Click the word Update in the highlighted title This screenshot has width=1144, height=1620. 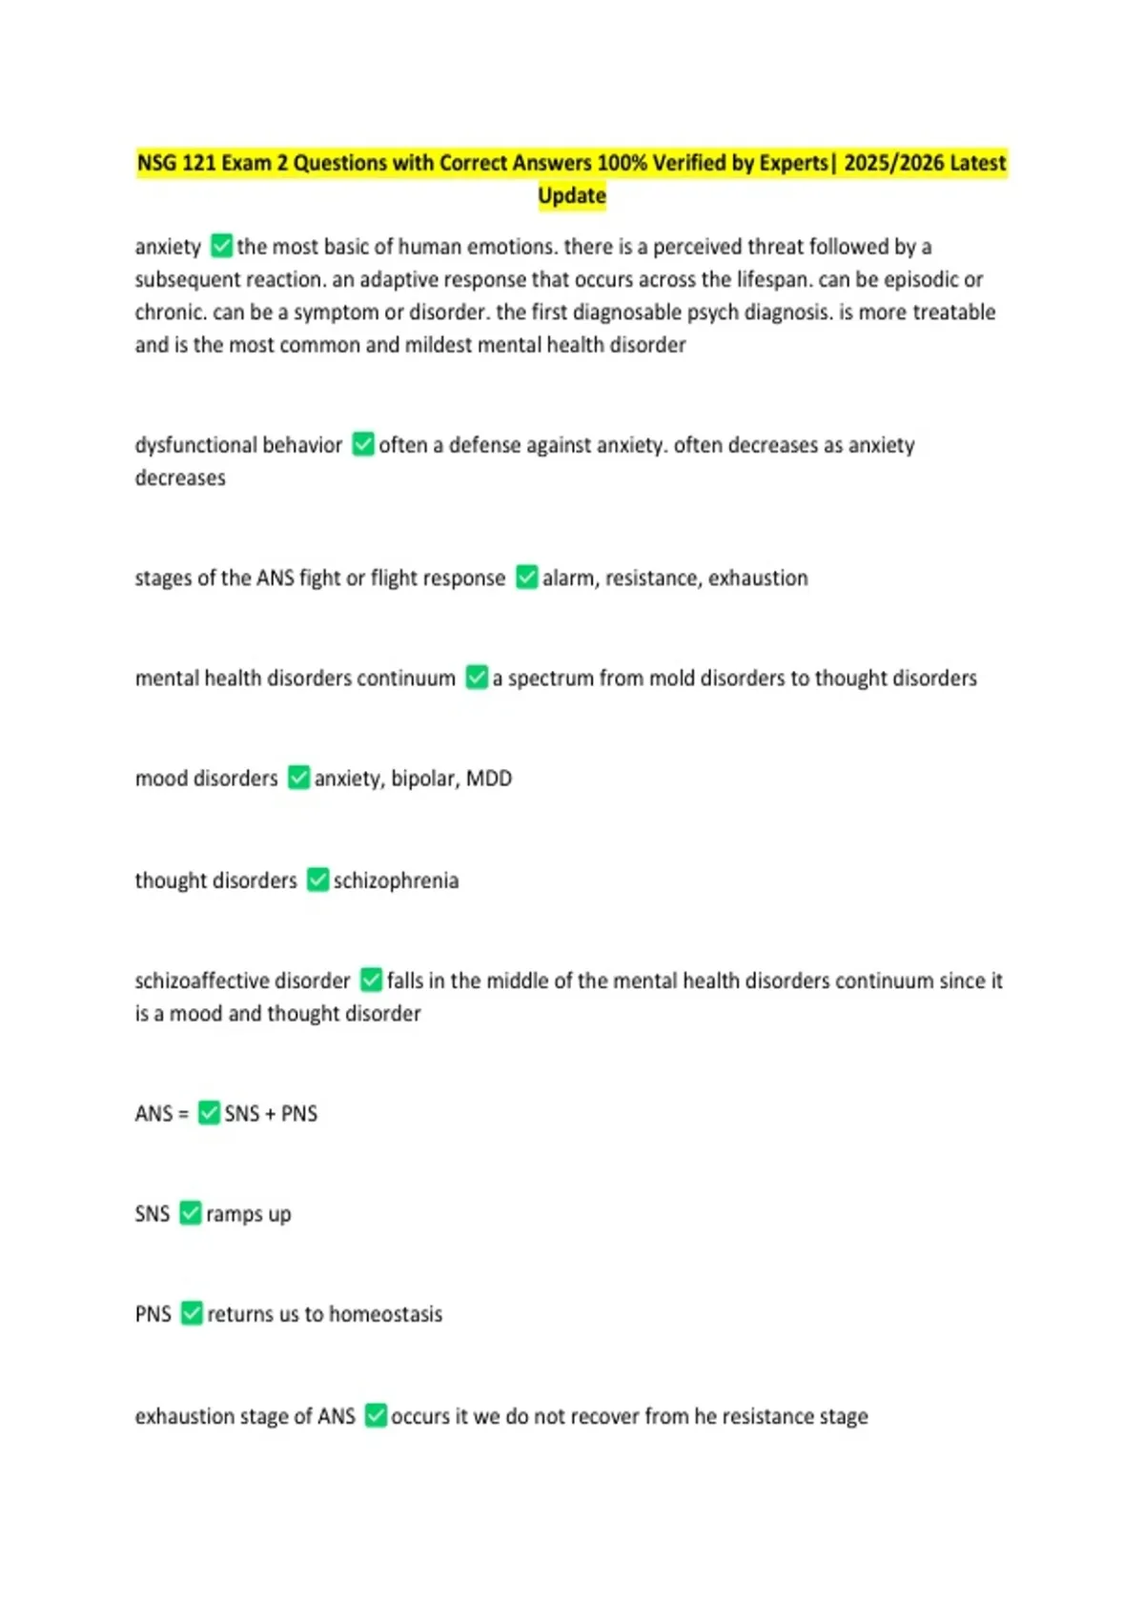pos(572,195)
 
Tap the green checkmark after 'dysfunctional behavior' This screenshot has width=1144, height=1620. pos(363,444)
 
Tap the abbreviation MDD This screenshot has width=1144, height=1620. pos(489,779)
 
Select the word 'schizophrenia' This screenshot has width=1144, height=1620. pos(396,881)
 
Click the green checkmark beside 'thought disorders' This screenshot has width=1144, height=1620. pos(317,880)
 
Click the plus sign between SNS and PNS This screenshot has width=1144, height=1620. pos(270,1114)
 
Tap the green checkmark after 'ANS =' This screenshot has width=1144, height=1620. pos(209,1113)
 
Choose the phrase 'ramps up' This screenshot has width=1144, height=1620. pos(248,1214)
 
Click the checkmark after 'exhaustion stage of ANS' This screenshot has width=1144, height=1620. pos(377,1415)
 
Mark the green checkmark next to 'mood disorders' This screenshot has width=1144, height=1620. pos(298,778)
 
